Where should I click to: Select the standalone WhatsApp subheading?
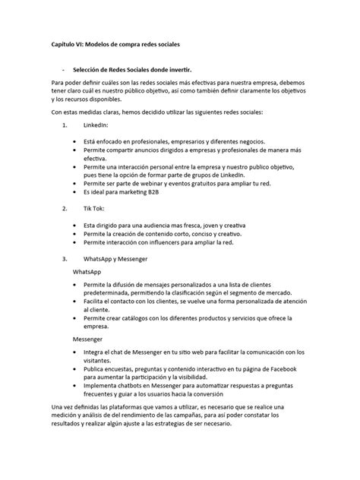coord(87,271)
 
